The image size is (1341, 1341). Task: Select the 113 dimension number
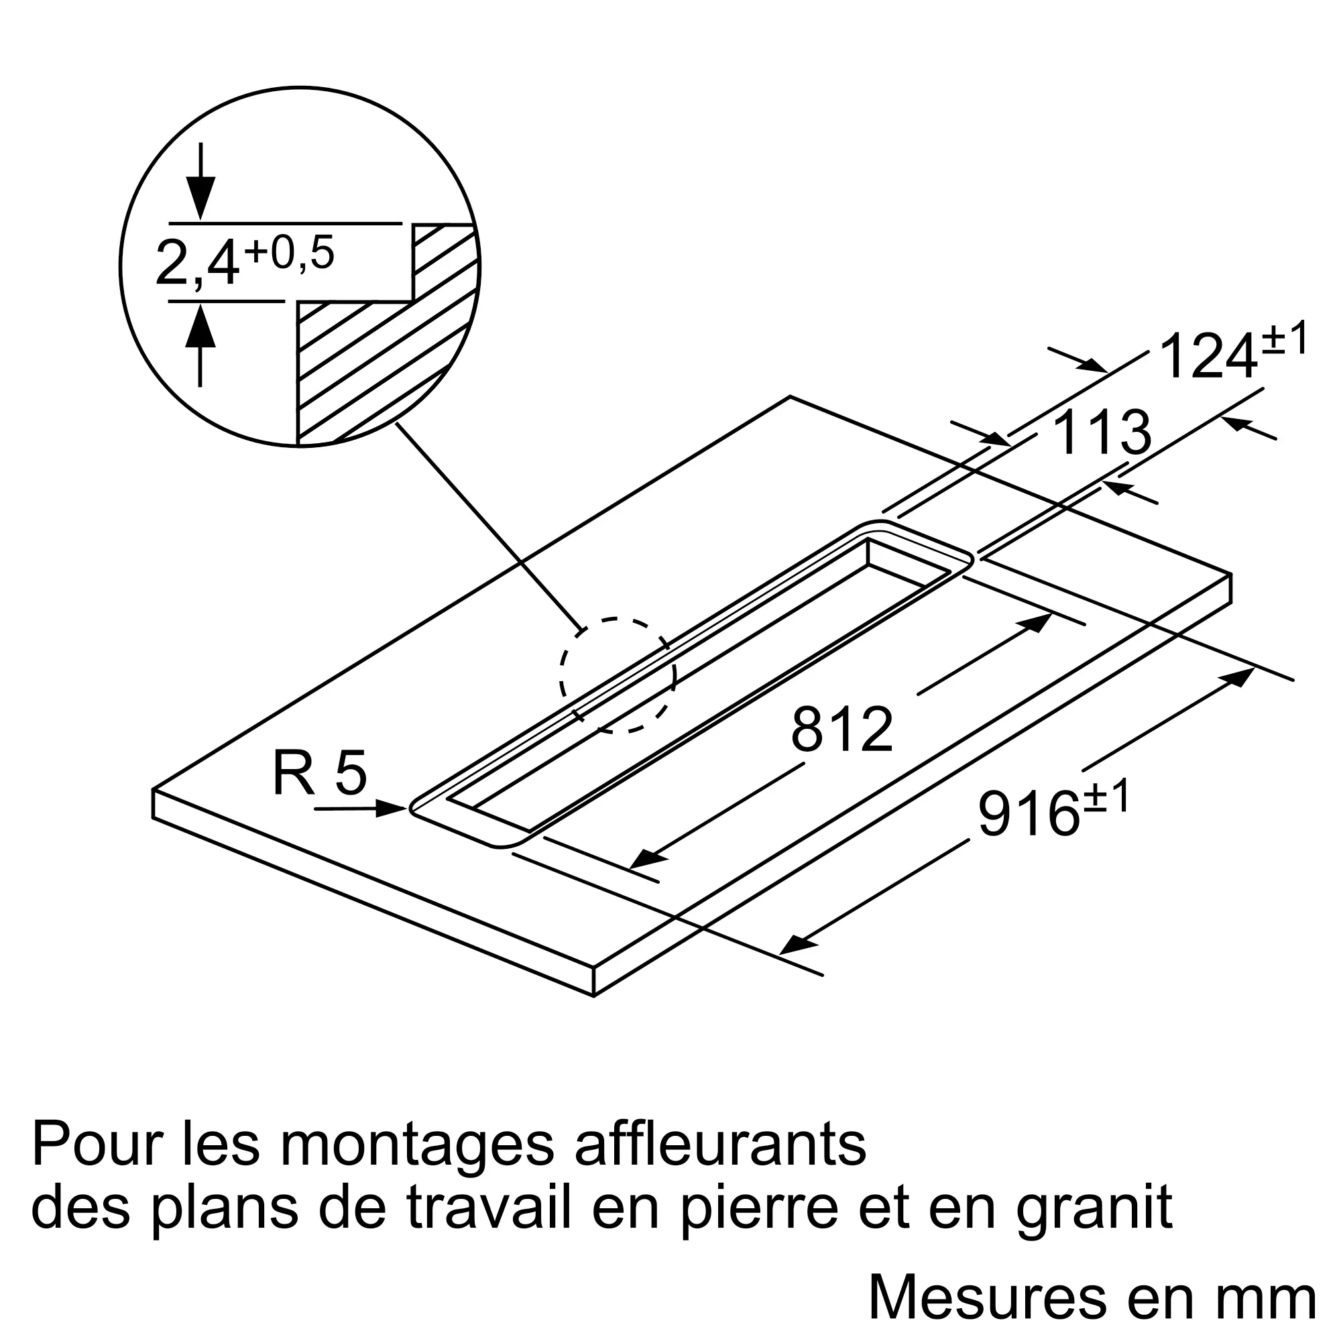pos(1102,432)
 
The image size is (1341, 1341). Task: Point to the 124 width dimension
pos(1209,356)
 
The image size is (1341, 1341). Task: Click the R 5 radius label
pos(320,773)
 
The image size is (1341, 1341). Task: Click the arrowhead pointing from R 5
pos(390,808)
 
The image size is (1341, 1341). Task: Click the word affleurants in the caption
pos(721,1145)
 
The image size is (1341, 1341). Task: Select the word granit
pos(1095,1208)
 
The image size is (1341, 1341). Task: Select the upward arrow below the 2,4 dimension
pos(200,344)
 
